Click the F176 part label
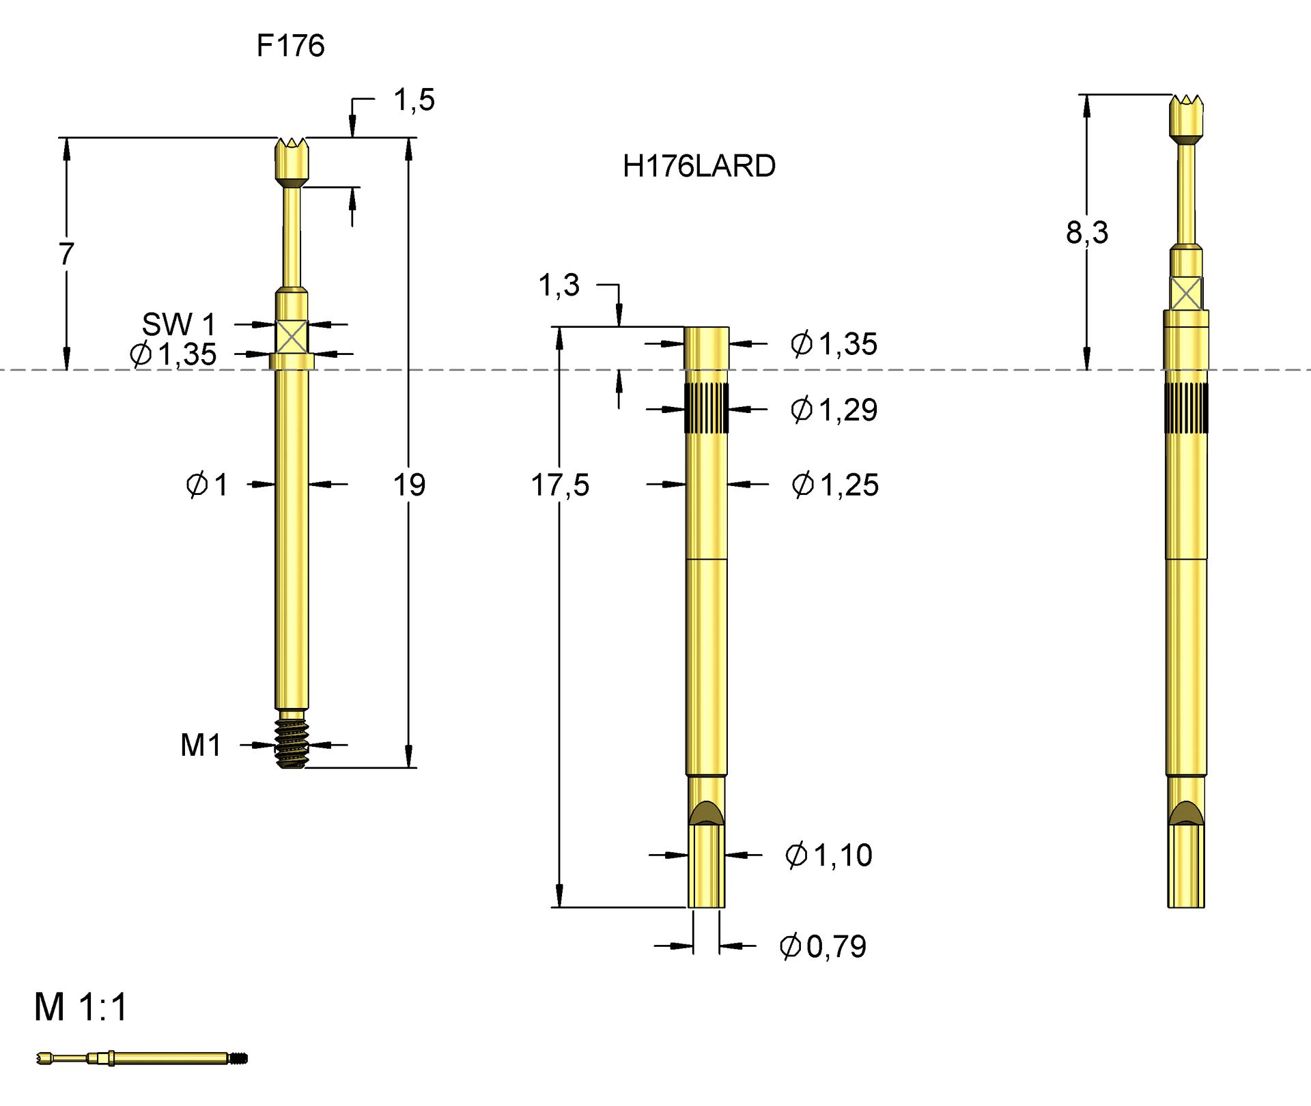pyautogui.click(x=290, y=46)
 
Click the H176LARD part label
pyautogui.click(x=699, y=167)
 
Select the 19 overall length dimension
pyautogui.click(x=409, y=485)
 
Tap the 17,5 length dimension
pyautogui.click(x=560, y=485)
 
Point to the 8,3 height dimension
pyautogui.click(x=1087, y=233)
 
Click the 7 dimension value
pyautogui.click(x=66, y=254)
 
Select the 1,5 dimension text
pyautogui.click(x=414, y=100)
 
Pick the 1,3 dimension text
pyautogui.click(x=559, y=285)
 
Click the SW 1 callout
pyautogui.click(x=178, y=324)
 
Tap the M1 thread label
pyautogui.click(x=201, y=745)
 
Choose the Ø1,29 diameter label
pyautogui.click(x=834, y=410)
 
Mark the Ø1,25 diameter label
pyautogui.click(x=835, y=485)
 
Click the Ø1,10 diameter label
pyautogui.click(x=828, y=855)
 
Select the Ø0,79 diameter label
pyautogui.click(x=823, y=946)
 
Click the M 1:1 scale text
pyautogui.click(x=81, y=1007)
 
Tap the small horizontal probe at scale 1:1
pyautogui.click(x=142, y=1059)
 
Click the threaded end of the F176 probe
pyautogui.click(x=292, y=743)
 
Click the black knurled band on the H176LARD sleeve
pyautogui.click(x=706, y=408)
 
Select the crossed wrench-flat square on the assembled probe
pyautogui.click(x=1186, y=294)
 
